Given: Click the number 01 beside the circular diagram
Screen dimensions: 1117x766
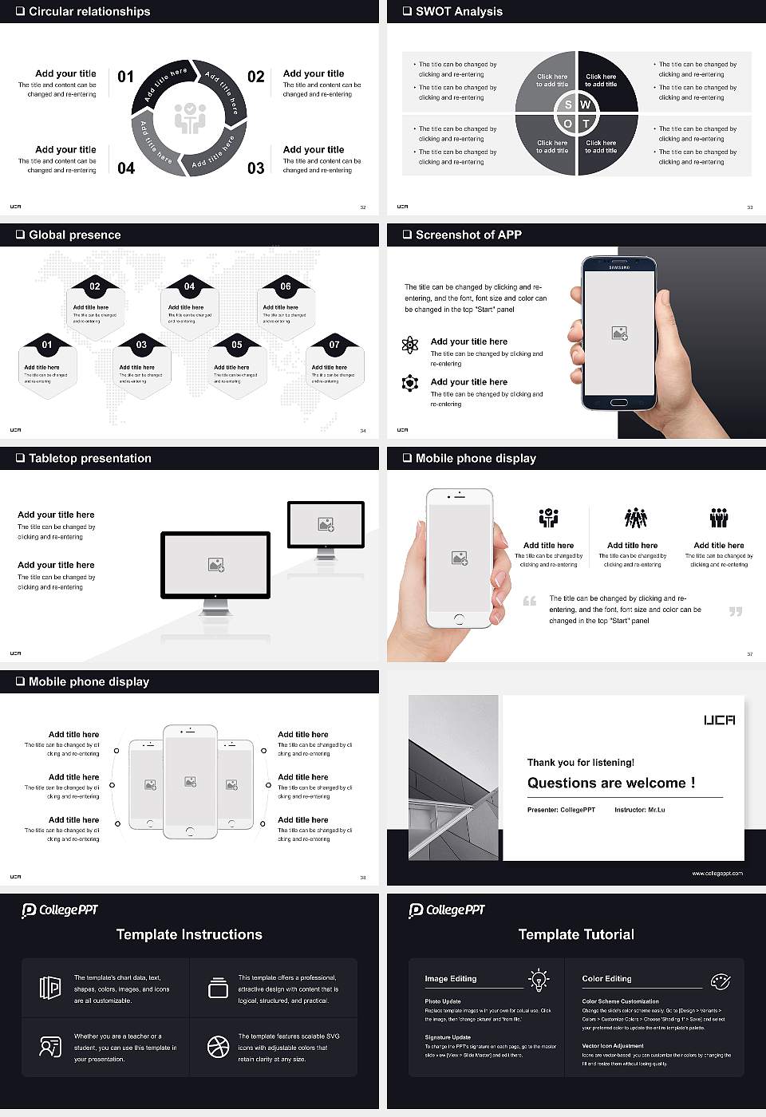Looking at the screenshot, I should click(x=126, y=77).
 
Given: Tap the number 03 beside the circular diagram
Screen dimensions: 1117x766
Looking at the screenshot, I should click(x=255, y=168).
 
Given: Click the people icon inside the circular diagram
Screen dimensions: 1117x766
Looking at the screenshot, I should click(x=190, y=117).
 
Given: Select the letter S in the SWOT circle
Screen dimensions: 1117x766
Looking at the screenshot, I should click(x=568, y=105).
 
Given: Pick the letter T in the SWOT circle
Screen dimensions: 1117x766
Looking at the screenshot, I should click(x=586, y=124).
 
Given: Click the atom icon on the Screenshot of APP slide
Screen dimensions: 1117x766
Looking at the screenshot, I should click(x=410, y=345).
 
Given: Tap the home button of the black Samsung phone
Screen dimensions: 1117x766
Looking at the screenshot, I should click(x=619, y=405).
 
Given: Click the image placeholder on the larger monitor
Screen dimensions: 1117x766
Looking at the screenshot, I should click(x=215, y=565).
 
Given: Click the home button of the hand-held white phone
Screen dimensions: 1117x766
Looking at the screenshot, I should click(x=459, y=619).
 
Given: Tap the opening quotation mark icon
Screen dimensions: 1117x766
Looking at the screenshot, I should click(x=530, y=601).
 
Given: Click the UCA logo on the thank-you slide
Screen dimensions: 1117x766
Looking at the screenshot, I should click(x=719, y=720).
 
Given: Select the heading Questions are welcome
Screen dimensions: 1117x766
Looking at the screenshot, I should click(x=611, y=783).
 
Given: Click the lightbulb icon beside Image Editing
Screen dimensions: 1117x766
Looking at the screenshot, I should click(x=539, y=980).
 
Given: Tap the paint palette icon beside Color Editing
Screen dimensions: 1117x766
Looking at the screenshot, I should click(x=720, y=981).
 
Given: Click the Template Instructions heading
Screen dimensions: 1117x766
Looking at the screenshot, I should click(x=189, y=935).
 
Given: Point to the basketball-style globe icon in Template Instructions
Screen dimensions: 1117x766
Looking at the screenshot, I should click(x=218, y=1047).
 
